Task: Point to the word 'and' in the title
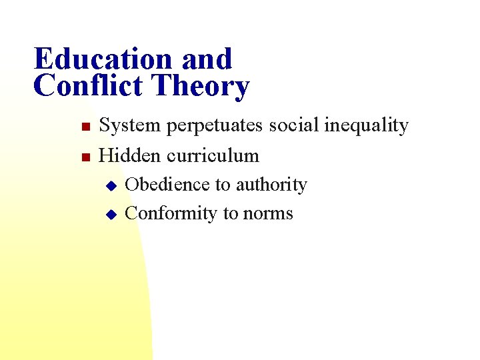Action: [x=207, y=59]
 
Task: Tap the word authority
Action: [x=270, y=185]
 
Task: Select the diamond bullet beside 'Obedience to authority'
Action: [x=111, y=185]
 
